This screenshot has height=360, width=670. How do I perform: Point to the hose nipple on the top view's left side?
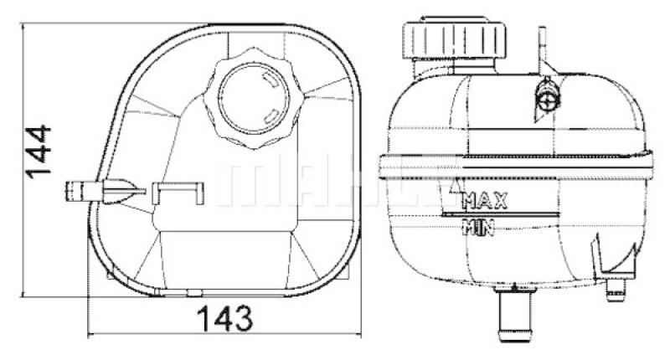[80, 191]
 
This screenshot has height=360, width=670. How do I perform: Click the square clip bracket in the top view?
[177, 192]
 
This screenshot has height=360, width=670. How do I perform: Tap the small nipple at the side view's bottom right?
[618, 289]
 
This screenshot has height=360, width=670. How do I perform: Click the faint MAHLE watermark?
[335, 180]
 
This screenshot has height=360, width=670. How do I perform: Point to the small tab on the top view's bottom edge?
[194, 292]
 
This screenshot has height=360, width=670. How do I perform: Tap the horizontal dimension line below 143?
[224, 335]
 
